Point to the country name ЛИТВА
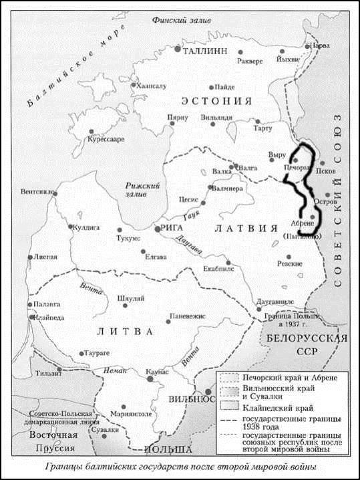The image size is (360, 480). click(126, 331)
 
